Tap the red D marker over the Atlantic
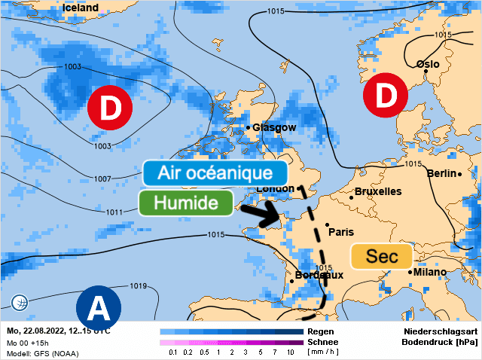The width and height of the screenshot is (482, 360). click(x=110, y=108)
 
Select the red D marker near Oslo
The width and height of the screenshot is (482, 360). click(x=385, y=96)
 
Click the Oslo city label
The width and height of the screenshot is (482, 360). click(x=428, y=64)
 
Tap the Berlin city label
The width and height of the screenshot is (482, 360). click(x=442, y=173)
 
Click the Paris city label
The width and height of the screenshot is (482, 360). click(x=341, y=231)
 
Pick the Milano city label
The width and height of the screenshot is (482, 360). click(x=428, y=272)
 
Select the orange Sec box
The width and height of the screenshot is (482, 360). click(x=381, y=256)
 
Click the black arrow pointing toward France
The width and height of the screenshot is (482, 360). click(x=258, y=214)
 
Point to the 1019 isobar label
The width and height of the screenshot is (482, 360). click(x=138, y=285)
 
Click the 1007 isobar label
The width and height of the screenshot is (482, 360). click(x=103, y=178)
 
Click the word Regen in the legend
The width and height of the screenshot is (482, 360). click(x=321, y=331)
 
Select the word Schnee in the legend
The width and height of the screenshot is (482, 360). click(x=323, y=341)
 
